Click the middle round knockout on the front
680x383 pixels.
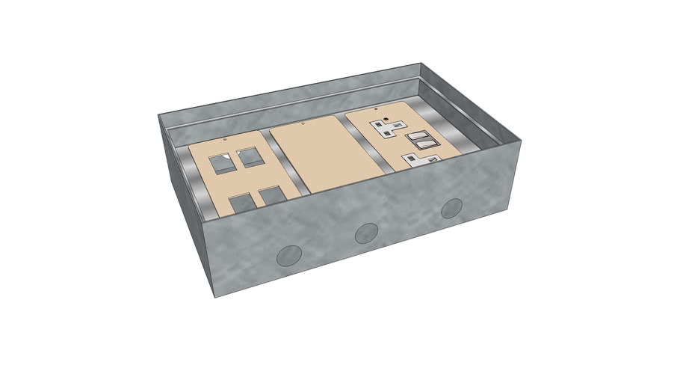click(366, 233)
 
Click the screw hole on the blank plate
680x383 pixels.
click(303, 126)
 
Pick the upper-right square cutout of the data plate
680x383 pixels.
click(247, 157)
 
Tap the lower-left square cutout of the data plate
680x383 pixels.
click(241, 205)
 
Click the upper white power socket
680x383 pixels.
click(392, 129)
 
